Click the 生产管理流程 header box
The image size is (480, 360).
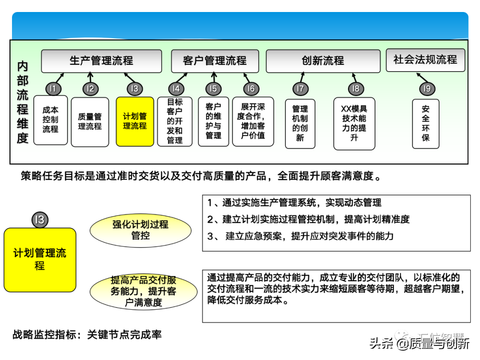(101, 61)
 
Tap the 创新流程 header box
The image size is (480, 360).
(323, 61)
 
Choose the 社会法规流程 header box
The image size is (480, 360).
(425, 60)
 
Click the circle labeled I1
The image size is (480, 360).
(53, 89)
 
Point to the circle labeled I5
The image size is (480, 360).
(213, 89)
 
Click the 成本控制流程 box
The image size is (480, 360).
(51, 120)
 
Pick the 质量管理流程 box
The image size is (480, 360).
(90, 122)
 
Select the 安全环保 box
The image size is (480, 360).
(426, 123)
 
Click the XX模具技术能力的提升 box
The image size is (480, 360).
(354, 123)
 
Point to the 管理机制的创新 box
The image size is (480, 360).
(300, 123)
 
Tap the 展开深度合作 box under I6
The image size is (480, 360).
(253, 121)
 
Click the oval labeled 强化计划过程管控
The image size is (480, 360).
(140, 230)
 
